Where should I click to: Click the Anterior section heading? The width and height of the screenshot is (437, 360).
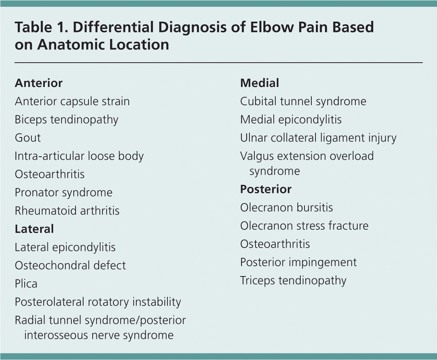coord(38,83)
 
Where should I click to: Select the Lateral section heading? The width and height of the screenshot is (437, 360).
coord(34,229)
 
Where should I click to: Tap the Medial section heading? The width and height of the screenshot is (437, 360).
coord(259,83)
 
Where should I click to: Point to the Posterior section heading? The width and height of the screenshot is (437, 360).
coord(266,189)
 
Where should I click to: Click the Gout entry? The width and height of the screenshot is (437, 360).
coord(28,137)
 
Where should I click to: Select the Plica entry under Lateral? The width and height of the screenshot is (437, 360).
coord(26,284)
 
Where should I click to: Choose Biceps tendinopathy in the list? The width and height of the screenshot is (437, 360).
coord(66,120)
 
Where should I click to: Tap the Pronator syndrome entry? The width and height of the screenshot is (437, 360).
coord(63,193)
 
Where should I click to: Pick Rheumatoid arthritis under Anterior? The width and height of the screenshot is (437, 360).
coord(67,210)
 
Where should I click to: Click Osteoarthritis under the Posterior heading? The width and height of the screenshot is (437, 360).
coord(275,244)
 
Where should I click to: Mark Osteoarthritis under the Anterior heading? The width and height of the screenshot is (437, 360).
coord(49,174)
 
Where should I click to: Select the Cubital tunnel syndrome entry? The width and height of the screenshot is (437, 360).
coord(303,101)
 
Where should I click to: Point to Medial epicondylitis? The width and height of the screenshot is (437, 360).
coord(291,120)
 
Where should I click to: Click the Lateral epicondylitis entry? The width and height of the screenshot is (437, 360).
coord(65,247)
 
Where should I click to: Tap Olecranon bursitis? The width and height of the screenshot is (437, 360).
coord(286,207)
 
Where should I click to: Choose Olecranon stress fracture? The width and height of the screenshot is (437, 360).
coord(304,226)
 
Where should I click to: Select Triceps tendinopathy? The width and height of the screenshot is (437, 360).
coord(293,281)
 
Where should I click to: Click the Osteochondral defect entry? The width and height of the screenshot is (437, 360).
coord(70,265)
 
